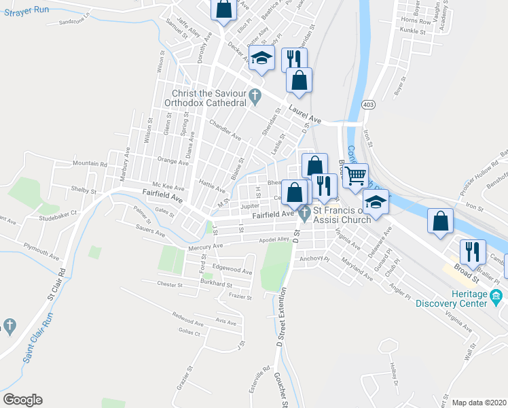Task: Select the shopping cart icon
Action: click(356, 176)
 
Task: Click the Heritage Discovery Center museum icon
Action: click(496, 296)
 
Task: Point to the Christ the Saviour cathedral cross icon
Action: click(255, 97)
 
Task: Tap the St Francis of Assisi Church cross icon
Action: click(305, 215)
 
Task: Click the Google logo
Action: click(22, 400)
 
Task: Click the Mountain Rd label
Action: click(90, 164)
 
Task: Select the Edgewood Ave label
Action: click(232, 270)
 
